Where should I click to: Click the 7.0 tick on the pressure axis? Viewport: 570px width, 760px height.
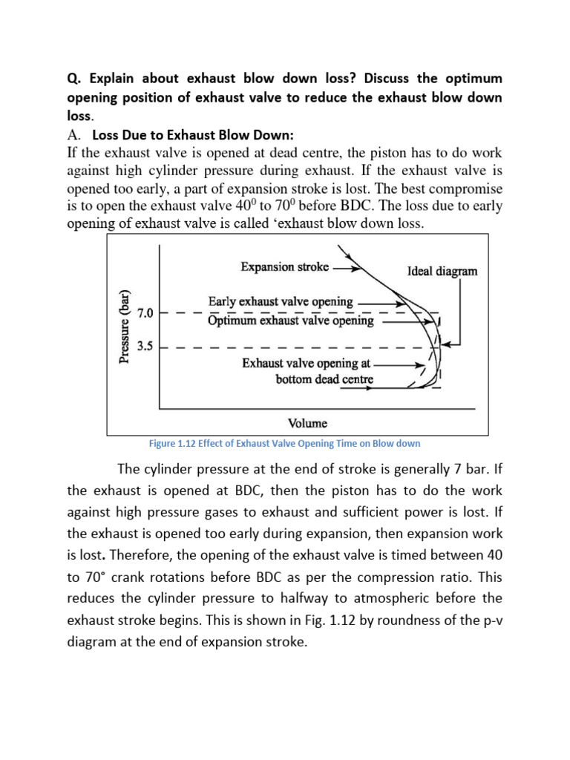pos(145,313)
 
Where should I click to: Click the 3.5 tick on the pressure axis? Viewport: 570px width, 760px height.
pos(145,347)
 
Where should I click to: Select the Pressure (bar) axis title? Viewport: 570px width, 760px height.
pos(125,327)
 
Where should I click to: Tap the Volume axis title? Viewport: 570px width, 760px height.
pos(307,423)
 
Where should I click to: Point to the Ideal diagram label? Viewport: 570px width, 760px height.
pos(442,271)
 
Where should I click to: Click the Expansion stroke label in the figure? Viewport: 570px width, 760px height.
pos(284,266)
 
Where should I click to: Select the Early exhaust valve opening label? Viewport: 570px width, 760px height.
pos(281,301)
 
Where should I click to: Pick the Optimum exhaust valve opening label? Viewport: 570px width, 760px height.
pos(290,320)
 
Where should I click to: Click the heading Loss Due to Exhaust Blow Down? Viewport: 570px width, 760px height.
pos(193,135)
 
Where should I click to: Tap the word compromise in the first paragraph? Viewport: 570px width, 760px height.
pos(462,189)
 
